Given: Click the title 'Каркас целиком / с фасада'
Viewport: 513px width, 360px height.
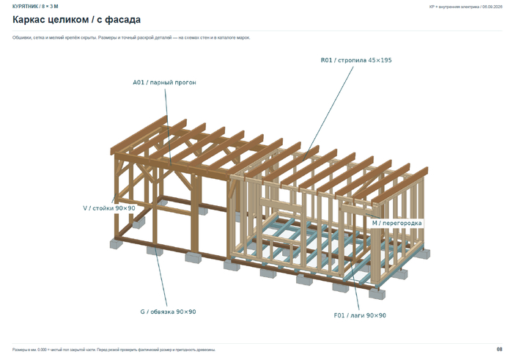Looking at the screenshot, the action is (76, 20).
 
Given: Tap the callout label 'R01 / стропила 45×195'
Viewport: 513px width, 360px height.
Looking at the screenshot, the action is (356, 60).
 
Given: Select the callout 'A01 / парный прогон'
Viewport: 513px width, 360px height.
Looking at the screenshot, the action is (164, 82).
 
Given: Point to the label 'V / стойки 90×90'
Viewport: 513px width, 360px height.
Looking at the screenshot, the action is (109, 208).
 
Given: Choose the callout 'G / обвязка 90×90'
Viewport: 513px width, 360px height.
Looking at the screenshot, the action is (168, 312).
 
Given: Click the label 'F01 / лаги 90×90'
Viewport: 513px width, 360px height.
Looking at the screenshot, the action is (360, 315).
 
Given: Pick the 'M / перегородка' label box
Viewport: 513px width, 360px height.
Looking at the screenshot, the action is (397, 223).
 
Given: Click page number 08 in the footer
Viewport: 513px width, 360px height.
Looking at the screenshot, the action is (499, 350).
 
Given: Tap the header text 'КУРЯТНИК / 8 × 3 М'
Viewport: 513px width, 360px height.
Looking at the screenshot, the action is (35, 6).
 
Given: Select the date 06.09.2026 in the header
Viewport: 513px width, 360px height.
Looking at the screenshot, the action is (492, 7).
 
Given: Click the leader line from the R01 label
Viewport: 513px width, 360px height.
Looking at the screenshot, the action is (328, 113).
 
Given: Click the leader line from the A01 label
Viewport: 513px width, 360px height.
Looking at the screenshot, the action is (168, 127).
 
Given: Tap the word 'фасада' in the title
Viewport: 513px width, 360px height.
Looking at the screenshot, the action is (123, 20).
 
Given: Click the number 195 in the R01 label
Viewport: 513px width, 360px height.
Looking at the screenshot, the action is (386, 60).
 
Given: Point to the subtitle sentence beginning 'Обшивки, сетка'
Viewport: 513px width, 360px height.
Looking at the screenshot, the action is (131, 37).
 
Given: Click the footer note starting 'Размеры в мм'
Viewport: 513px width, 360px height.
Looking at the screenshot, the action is (114, 350).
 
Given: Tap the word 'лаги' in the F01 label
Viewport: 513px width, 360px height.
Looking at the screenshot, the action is (357, 316).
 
